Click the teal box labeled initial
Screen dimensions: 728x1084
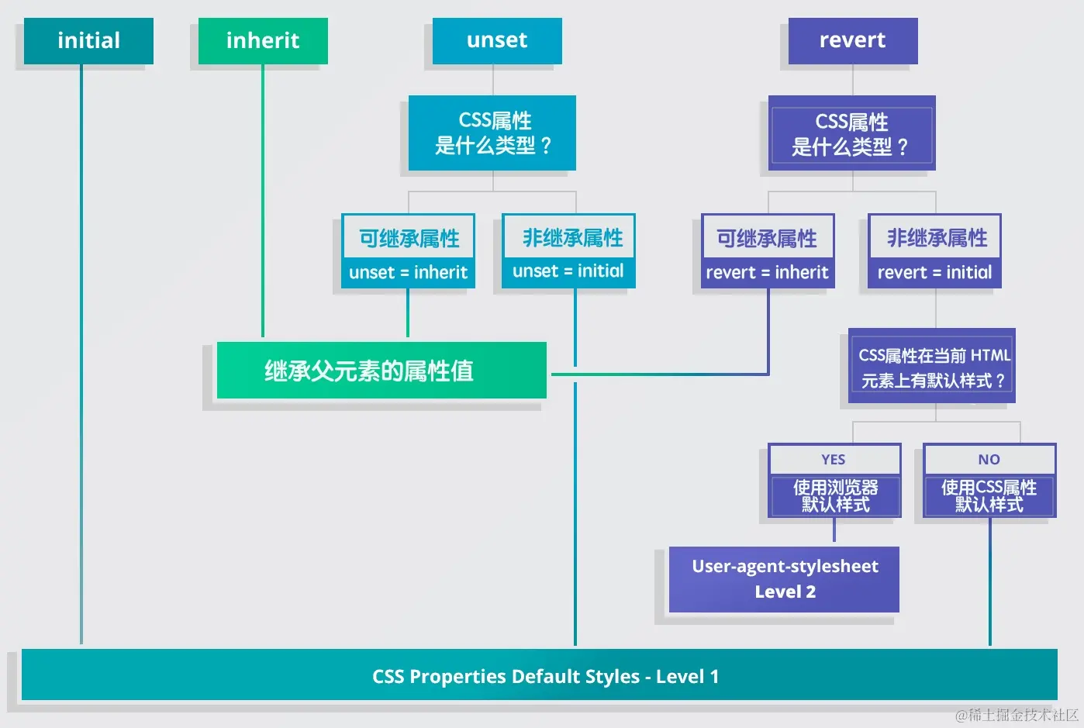tap(88, 40)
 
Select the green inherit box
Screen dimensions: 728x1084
tap(263, 40)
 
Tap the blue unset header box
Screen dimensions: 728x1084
tap(497, 40)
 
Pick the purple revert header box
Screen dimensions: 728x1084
tap(853, 40)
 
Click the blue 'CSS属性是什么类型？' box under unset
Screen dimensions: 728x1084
tap(492, 133)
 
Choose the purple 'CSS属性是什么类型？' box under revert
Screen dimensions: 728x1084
tap(851, 133)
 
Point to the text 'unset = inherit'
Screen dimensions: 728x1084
tap(408, 273)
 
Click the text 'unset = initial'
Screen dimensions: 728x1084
tap(568, 271)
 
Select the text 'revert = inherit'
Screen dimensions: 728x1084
tap(767, 273)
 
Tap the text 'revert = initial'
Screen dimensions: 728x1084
tap(934, 273)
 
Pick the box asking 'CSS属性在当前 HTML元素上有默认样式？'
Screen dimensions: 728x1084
tap(932, 367)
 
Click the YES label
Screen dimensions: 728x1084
tap(834, 459)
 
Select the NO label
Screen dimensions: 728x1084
tap(989, 459)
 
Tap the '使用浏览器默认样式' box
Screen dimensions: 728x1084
tap(834, 496)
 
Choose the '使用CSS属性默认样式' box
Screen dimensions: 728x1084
tap(989, 496)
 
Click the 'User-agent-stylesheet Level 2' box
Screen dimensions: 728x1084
tap(784, 579)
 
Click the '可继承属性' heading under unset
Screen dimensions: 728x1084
tap(409, 238)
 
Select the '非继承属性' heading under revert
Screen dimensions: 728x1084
tap(936, 238)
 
